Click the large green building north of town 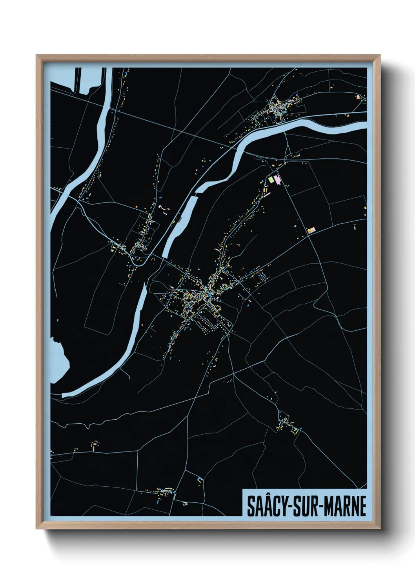click(271, 180)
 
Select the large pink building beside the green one click(278, 180)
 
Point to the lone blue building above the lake click(58, 320)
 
